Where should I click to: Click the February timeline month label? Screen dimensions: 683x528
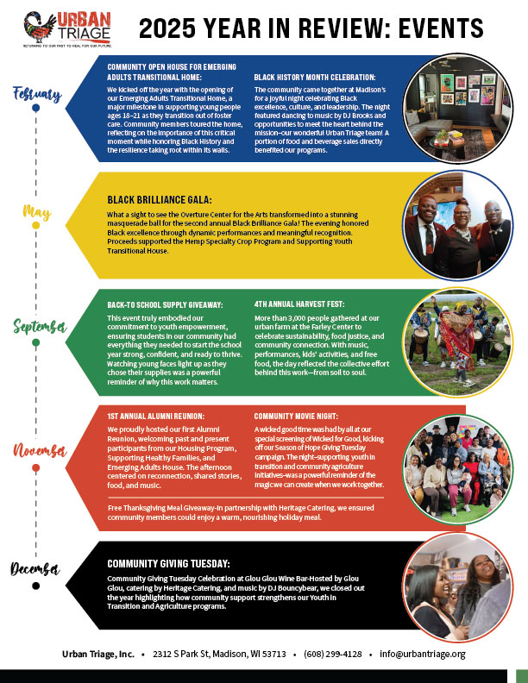(x=37, y=93)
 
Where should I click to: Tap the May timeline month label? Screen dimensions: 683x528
(x=35, y=212)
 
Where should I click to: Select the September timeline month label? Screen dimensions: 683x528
(x=39, y=326)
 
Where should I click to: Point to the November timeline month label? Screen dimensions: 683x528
(x=38, y=450)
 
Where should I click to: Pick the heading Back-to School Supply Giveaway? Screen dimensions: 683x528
(x=165, y=304)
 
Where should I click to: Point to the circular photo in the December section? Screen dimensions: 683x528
(x=454, y=580)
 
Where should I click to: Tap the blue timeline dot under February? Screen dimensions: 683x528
(x=35, y=109)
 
